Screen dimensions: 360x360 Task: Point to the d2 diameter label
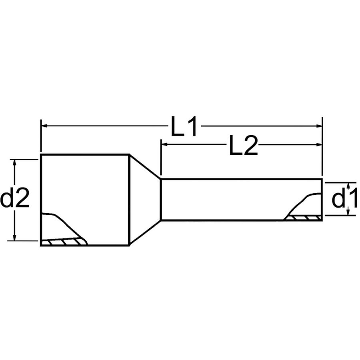pyautogui.click(x=15, y=199)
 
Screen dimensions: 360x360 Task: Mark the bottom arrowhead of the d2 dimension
pyautogui.click(x=15, y=238)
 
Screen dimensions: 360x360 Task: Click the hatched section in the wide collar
pyautogui.click(x=64, y=242)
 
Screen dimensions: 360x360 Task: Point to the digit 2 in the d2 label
pyautogui.click(x=22, y=199)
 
